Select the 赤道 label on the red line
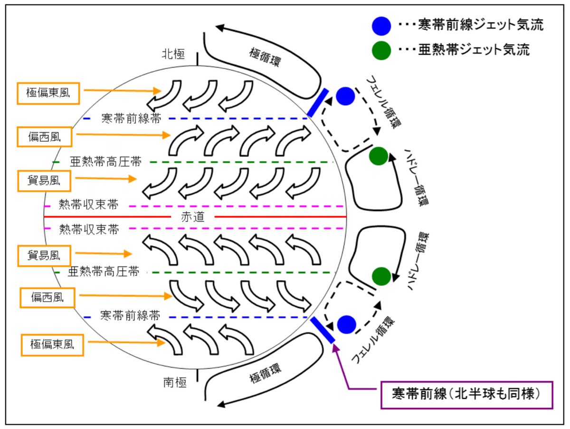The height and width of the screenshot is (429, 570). [192, 217]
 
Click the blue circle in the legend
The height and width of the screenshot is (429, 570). [381, 25]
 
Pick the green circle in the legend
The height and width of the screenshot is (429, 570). [381, 49]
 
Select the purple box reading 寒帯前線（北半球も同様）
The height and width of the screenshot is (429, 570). [467, 394]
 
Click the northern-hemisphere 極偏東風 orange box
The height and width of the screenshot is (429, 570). [48, 94]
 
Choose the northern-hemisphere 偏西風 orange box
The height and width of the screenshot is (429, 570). [45, 137]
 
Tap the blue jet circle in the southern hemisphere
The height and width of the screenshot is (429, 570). [346, 324]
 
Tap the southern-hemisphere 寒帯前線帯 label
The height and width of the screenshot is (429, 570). [130, 315]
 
